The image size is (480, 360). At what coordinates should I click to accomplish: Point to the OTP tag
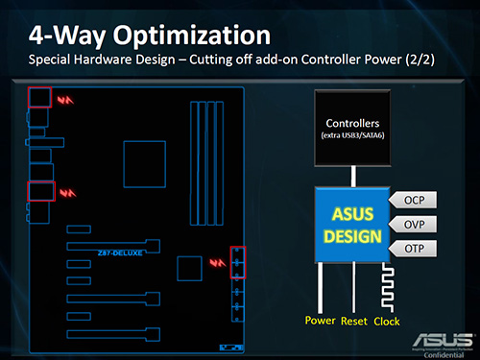click(415, 249)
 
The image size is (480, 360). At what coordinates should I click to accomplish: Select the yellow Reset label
click(353, 321)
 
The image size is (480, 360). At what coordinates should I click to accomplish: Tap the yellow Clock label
click(387, 321)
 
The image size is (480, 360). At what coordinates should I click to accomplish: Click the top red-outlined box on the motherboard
click(40, 97)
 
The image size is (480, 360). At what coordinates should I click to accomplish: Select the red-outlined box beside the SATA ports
click(238, 261)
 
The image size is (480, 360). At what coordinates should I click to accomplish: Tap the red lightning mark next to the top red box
click(65, 99)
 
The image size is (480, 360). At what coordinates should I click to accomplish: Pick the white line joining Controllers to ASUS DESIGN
click(353, 175)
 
